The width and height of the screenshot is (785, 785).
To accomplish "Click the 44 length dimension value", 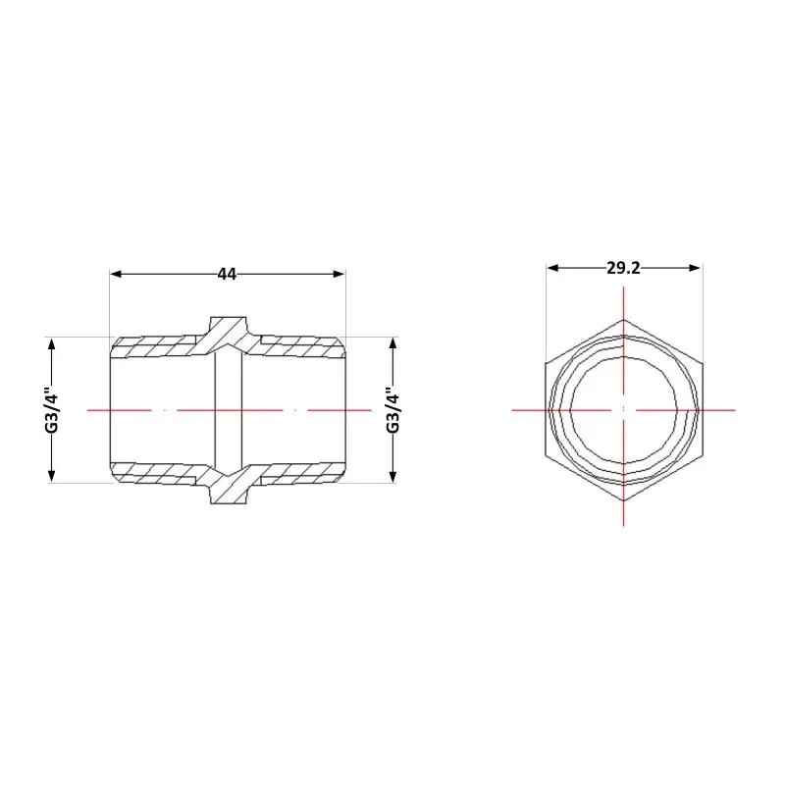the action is point(227,274).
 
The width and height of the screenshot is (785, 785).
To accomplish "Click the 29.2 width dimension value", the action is point(623,268).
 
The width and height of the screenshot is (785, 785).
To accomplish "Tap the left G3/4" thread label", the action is point(52,410).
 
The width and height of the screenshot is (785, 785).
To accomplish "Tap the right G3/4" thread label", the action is point(393,410).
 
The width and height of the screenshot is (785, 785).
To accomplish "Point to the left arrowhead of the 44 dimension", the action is point(116,274).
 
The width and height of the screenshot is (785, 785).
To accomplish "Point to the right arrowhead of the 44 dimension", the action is point(339,274).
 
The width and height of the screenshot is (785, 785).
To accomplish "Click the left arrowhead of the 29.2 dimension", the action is point(552,268).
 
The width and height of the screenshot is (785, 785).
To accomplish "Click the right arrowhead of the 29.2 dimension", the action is point(694,268).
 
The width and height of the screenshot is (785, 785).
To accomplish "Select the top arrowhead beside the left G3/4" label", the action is point(51,344).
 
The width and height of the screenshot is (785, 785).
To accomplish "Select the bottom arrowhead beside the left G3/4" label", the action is point(51,476).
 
